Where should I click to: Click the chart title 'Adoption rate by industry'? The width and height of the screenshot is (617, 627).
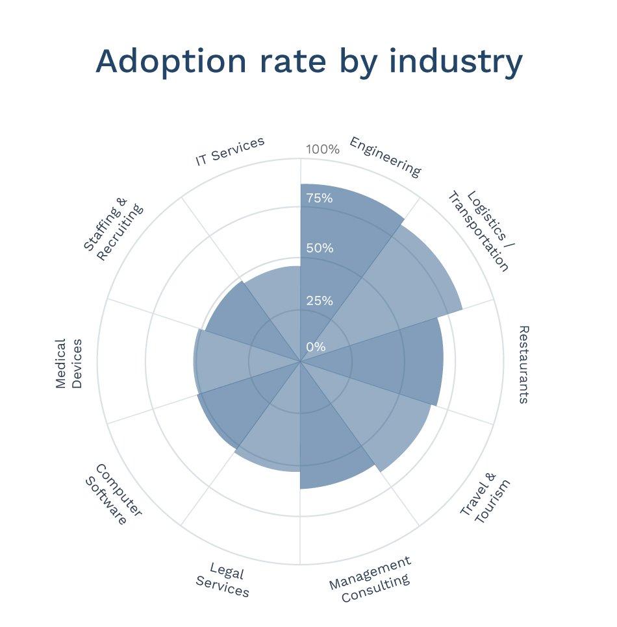308,62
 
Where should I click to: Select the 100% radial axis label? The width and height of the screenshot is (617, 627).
323,149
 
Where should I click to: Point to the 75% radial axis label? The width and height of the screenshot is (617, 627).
320,199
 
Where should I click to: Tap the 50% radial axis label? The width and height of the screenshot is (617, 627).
320,249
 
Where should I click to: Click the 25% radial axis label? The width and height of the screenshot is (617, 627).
320,301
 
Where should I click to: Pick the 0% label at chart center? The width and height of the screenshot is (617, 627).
316,347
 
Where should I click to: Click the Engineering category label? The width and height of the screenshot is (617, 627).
385,156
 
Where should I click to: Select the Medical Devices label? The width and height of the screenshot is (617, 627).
68,363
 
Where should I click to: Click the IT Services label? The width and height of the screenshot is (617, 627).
230,151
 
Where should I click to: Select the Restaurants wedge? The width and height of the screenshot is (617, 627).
403,363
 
